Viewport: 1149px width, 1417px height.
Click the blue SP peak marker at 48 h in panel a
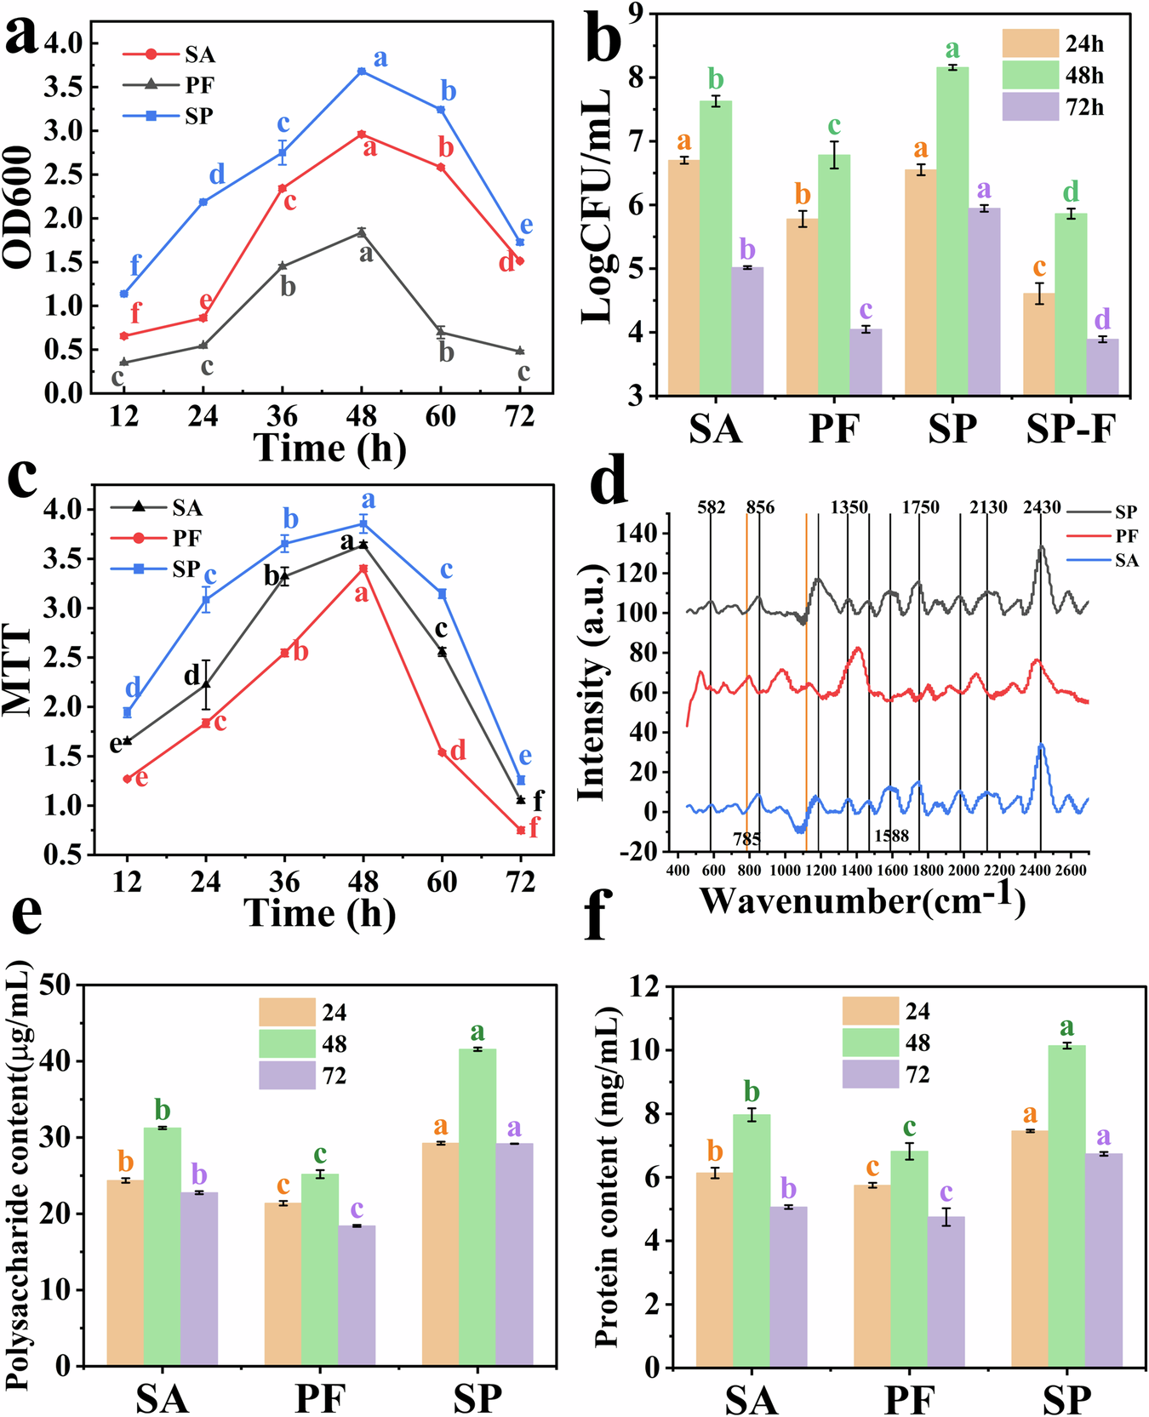362,71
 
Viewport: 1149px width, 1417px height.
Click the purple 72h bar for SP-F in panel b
1102,367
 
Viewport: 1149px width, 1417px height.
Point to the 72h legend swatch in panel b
1029,107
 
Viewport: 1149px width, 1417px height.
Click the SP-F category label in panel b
1070,429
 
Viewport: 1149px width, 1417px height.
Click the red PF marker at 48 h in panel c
363,569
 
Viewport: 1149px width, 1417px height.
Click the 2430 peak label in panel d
1042,508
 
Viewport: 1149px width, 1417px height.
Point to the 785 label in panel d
746,839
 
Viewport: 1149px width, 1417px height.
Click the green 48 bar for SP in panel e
477,1208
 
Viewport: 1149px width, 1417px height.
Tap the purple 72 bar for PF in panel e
357,1295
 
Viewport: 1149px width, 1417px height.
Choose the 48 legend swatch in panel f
870,1043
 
